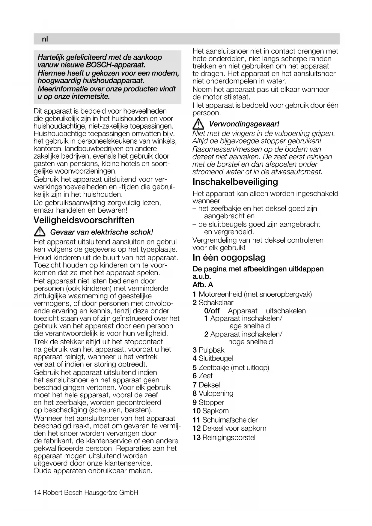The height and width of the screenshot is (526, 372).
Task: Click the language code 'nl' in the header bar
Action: tap(45, 39)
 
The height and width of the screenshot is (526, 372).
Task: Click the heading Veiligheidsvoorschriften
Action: tap(84, 220)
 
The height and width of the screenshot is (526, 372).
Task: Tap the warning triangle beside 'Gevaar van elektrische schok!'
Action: tap(40, 232)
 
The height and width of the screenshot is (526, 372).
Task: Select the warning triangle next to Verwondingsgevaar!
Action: tap(198, 124)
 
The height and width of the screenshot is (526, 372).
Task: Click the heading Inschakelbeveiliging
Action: tap(235, 182)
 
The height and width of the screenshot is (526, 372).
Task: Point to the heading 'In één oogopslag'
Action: tap(229, 258)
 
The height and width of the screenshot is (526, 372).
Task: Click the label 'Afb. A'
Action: tap(203, 285)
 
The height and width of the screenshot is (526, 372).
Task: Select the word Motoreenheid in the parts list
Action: tap(220, 294)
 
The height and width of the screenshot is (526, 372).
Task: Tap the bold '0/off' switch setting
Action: tap(212, 311)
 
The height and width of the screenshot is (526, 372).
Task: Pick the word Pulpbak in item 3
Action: tap(211, 350)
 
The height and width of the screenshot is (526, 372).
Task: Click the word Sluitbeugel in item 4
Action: tap(216, 358)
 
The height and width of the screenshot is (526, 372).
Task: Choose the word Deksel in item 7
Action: tap(209, 385)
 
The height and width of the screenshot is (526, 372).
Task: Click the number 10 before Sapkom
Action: tap(196, 411)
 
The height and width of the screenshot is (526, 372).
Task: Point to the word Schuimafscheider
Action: tap(230, 420)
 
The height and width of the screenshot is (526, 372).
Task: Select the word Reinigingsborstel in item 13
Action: tap(229, 437)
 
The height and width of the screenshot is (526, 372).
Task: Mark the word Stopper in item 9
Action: tap(211, 402)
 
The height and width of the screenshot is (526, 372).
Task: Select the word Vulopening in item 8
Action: tap(216, 393)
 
